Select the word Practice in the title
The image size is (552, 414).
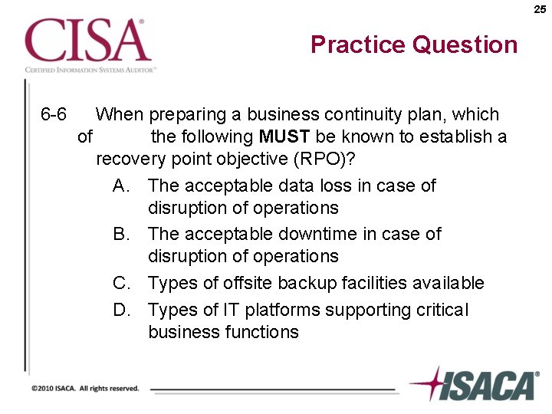(x=358, y=44)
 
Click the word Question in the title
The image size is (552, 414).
(x=465, y=44)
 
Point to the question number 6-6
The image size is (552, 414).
(x=54, y=115)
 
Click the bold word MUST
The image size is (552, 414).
(x=284, y=138)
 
